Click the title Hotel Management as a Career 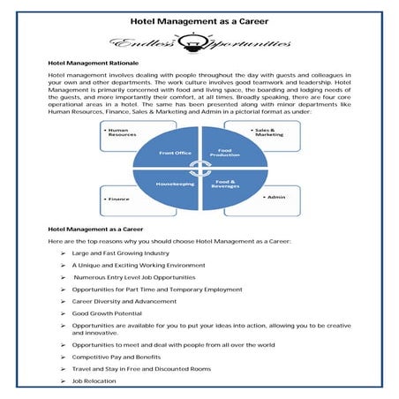[199, 18]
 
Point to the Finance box [123, 199]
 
